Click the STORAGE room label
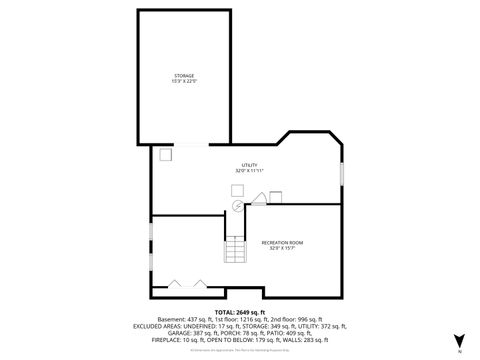pyautogui.click(x=183, y=75)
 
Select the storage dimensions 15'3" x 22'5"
pyautogui.click(x=183, y=81)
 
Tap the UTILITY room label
pyautogui.click(x=248, y=164)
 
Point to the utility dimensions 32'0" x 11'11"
pyautogui.click(x=248, y=170)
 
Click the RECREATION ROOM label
pyautogui.click(x=282, y=242)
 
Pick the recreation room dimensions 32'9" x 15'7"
pyautogui.click(x=282, y=248)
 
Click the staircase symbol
pyautogui.click(x=234, y=251)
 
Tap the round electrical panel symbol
pyautogui.click(x=238, y=206)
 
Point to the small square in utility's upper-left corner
pyautogui.click(x=165, y=154)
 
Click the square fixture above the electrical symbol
pyautogui.click(x=237, y=189)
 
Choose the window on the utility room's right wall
pyautogui.click(x=342, y=172)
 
